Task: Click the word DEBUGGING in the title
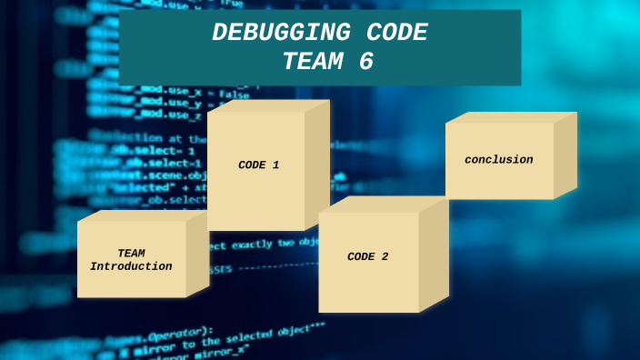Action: tap(268, 33)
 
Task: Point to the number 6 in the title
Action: tap(365, 61)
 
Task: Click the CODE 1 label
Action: tap(258, 165)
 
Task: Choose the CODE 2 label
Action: tap(367, 257)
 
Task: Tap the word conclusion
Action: tap(498, 160)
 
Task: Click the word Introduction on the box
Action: tap(131, 266)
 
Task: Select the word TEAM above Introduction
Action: tap(131, 254)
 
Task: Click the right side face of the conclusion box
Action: tap(565, 154)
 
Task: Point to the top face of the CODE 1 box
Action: tap(268, 105)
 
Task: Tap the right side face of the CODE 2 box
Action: tap(434, 256)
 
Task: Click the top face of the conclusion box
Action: tap(511, 117)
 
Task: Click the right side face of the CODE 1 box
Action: tap(316, 165)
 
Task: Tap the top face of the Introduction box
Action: tap(142, 215)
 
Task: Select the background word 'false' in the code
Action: tap(234, 94)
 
